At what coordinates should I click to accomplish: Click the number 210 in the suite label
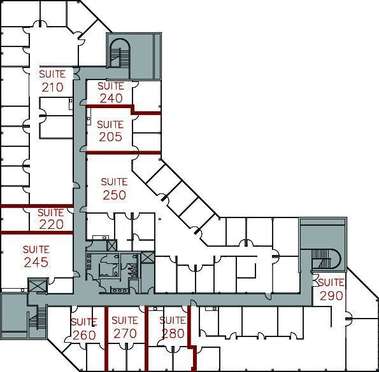pyautogui.click(x=52, y=87)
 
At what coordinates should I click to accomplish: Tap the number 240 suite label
pyautogui.click(x=110, y=98)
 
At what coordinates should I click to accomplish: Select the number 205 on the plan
pyautogui.click(x=110, y=136)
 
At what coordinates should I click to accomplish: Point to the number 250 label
pyautogui.click(x=114, y=195)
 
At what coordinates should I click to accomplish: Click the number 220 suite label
pyautogui.click(x=51, y=224)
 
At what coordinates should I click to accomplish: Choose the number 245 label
pyautogui.click(x=36, y=261)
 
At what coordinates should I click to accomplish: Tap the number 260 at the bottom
pyautogui.click(x=83, y=334)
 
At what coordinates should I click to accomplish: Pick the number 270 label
pyautogui.click(x=125, y=333)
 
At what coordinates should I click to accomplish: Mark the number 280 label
pyautogui.click(x=172, y=333)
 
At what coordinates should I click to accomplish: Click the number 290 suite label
pyautogui.click(x=331, y=296)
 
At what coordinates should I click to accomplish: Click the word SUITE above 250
pyautogui.click(x=114, y=183)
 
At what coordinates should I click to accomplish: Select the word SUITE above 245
pyautogui.click(x=36, y=249)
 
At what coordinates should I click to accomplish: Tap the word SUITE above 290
pyautogui.click(x=331, y=283)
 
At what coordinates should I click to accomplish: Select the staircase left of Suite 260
pyautogui.click(x=38, y=318)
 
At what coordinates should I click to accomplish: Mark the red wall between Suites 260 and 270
pyautogui.click(x=105, y=343)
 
